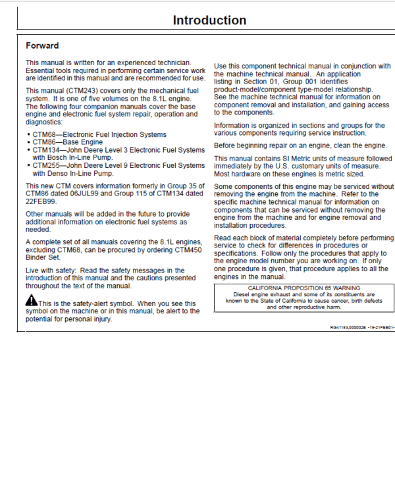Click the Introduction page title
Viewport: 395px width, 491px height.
click(209, 20)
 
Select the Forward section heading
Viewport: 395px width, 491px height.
click(42, 46)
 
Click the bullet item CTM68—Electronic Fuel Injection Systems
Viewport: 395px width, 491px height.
click(99, 135)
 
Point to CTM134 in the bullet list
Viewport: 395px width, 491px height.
click(45, 150)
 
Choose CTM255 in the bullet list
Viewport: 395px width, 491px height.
click(45, 165)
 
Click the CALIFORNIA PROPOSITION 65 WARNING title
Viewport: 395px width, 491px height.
click(304, 288)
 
